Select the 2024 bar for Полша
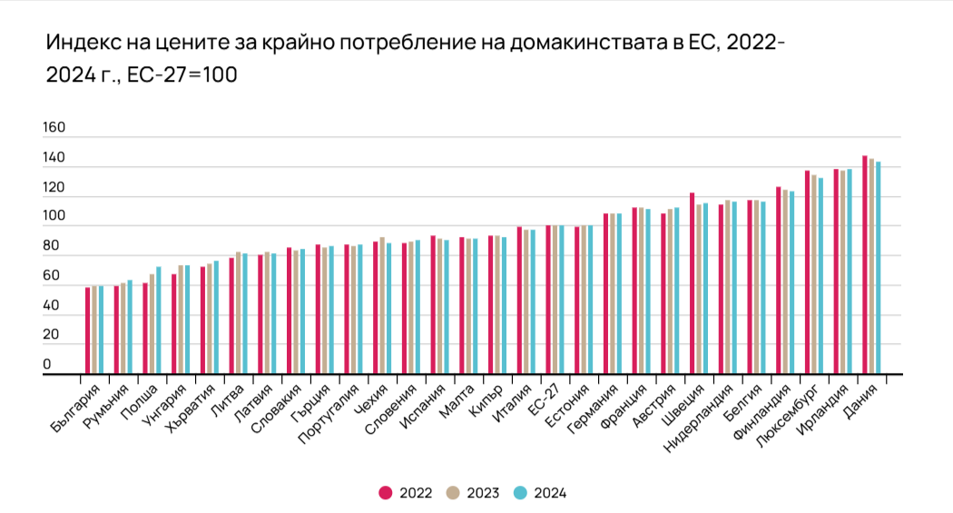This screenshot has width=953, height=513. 158,321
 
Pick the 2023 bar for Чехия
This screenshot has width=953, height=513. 382,306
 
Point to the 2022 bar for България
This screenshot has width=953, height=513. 88,331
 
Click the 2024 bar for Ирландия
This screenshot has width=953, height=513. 850,271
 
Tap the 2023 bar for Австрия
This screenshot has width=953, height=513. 670,291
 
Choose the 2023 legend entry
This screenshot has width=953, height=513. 473,493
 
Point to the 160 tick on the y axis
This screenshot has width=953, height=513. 54,129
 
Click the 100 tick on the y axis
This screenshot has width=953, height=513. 54,217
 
